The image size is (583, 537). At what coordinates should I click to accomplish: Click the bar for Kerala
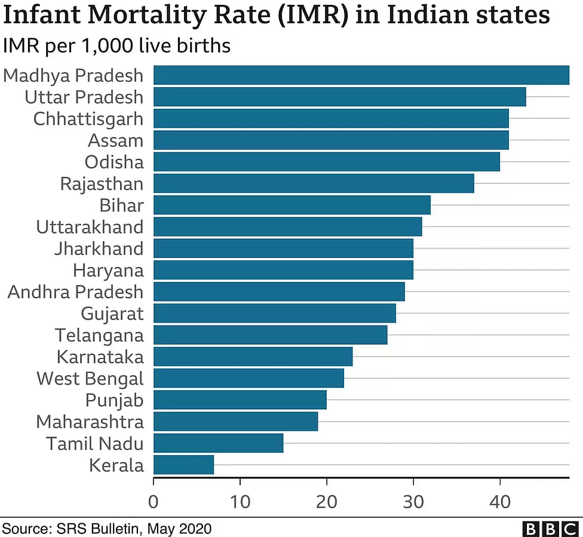[x=183, y=465]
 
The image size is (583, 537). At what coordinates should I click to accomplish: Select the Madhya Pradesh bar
[x=361, y=75]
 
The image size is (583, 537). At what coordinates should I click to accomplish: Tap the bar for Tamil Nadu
[x=218, y=443]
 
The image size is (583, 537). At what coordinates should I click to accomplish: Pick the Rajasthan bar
[x=313, y=183]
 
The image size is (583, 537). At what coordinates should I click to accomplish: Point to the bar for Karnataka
[x=253, y=357]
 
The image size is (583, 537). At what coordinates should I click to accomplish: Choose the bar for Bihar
[x=291, y=205]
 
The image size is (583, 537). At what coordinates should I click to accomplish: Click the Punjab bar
[x=240, y=400]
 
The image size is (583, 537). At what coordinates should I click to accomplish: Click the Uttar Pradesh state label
[x=84, y=97]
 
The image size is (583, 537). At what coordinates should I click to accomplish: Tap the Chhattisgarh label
[x=88, y=118]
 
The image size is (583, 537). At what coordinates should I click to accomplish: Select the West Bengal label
[x=90, y=378]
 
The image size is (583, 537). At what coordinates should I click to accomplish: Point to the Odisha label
[x=114, y=162]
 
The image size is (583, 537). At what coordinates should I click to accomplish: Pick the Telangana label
[x=99, y=335]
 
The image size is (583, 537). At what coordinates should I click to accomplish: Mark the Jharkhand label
[x=99, y=248]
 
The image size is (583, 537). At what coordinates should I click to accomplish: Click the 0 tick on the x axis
[x=154, y=501]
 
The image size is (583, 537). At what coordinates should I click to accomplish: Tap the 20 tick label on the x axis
[x=326, y=501]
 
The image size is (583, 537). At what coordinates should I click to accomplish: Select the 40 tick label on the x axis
[x=499, y=501]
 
